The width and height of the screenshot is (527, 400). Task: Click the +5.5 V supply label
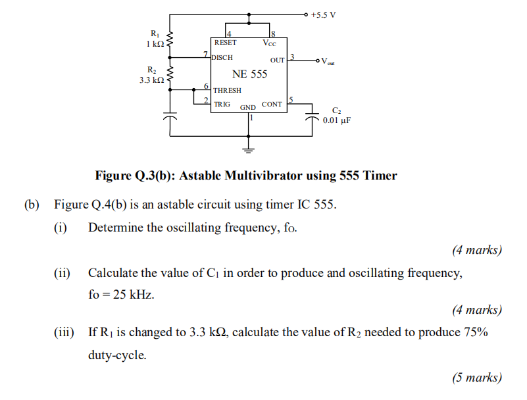[x=324, y=14]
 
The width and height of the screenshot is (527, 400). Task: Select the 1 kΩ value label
[x=155, y=44]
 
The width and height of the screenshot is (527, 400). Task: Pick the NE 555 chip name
[x=249, y=74]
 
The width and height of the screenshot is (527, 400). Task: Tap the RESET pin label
[x=225, y=43]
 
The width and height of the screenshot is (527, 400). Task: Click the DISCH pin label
[x=222, y=58]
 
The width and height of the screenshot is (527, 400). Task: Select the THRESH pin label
[x=227, y=90]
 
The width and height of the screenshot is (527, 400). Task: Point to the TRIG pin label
[x=222, y=104]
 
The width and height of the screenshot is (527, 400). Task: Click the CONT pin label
[x=271, y=104]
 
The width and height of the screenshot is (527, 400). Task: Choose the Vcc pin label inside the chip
[x=269, y=43]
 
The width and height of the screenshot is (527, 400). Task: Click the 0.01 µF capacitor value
[x=336, y=120]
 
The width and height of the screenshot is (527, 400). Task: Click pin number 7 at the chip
[x=206, y=53]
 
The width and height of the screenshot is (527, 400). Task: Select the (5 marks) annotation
[x=476, y=377]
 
